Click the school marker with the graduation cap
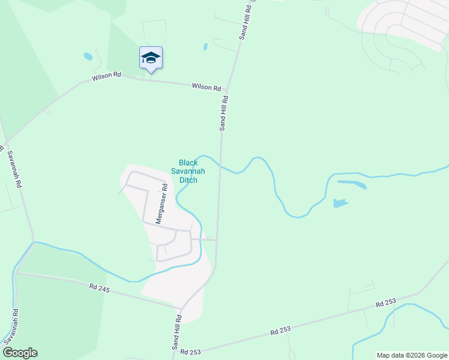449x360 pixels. pyautogui.click(x=151, y=58)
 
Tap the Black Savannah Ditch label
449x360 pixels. pyautogui.click(x=188, y=171)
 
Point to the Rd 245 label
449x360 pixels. pyautogui.click(x=101, y=289)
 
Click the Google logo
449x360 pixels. pyautogui.click(x=20, y=353)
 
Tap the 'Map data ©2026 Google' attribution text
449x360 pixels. pyautogui.click(x=411, y=355)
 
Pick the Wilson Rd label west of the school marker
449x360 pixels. pyautogui.click(x=106, y=77)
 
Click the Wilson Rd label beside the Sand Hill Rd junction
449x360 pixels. pyautogui.click(x=206, y=87)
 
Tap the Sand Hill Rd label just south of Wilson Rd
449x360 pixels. pyautogui.click(x=223, y=113)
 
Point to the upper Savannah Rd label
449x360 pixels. pyautogui.click(x=14, y=169)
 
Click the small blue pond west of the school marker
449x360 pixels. pyautogui.click(x=88, y=56)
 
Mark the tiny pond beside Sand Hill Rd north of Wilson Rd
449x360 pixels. pyautogui.click(x=205, y=46)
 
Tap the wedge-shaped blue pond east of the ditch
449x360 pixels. pyautogui.click(x=340, y=203)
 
